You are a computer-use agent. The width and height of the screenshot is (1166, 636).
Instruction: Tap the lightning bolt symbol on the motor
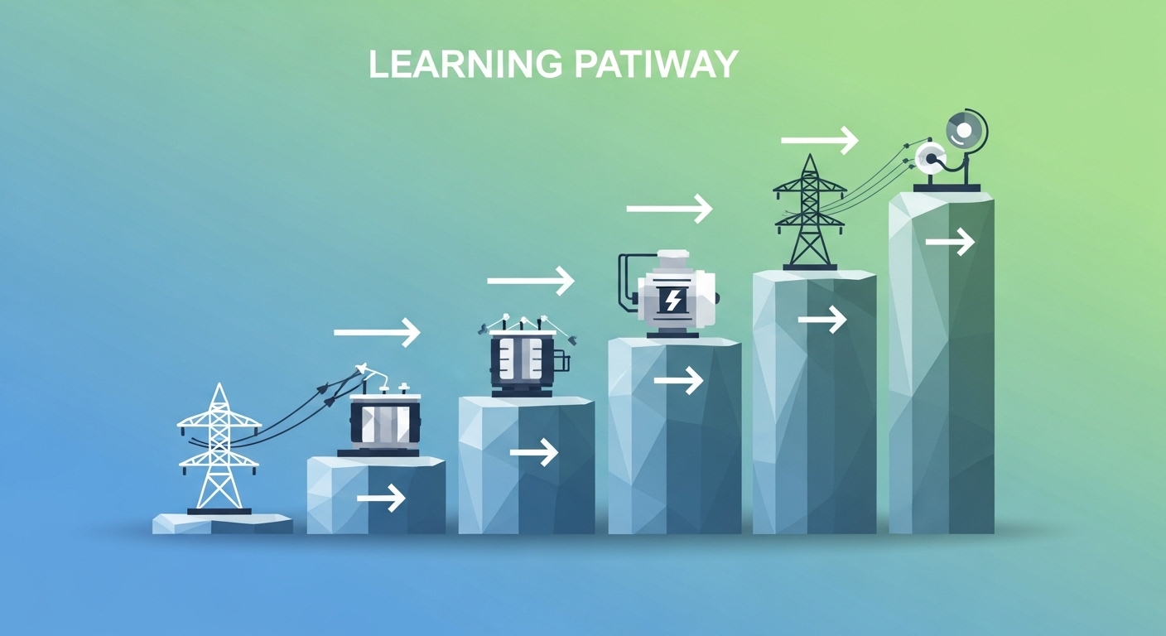coord(673,300)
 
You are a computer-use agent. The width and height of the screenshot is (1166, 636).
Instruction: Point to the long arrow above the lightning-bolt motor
coord(669,208)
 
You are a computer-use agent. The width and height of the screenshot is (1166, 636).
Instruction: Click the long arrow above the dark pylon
coord(819,140)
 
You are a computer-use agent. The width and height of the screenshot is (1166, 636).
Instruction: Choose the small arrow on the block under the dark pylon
coord(821,319)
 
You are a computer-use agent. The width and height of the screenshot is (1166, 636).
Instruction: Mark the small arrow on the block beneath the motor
coord(677,380)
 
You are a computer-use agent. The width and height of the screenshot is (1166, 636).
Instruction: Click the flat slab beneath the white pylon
coord(222,523)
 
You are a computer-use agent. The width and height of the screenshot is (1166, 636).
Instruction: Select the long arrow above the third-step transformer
coord(530,281)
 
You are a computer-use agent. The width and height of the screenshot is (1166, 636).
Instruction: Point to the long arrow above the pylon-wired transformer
coord(377,332)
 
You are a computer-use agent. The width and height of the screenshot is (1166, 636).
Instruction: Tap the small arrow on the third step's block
coord(533,452)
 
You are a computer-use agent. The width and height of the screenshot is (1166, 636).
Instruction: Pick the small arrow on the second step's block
coord(380,498)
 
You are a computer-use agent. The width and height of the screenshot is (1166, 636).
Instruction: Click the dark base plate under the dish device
coord(947,188)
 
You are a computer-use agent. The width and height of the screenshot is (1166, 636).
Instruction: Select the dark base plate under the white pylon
coord(219,511)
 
